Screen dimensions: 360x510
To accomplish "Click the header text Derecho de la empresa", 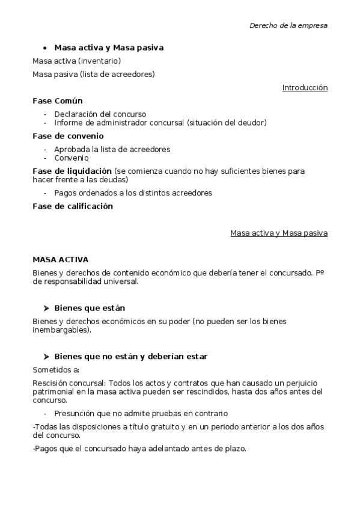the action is (x=288, y=26).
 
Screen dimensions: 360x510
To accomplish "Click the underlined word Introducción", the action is (x=305, y=88).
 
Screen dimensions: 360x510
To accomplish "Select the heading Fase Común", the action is (x=58, y=101).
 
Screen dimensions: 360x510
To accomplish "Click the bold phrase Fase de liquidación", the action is (x=72, y=171).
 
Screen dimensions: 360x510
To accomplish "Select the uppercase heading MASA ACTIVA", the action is (x=60, y=260).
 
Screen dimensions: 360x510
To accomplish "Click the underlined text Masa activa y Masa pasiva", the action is (x=279, y=233).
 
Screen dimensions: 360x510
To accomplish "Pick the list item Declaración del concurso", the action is (x=100, y=114).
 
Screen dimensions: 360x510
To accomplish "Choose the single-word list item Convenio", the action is (x=72, y=158).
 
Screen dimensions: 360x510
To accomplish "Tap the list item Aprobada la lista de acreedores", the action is (x=112, y=149).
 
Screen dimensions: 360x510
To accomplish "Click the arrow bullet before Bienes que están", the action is (x=46, y=308).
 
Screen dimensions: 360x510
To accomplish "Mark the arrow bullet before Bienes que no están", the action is (x=46, y=357).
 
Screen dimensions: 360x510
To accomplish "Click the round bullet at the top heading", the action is (x=45, y=48).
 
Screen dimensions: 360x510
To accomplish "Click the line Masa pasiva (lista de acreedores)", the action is (x=93, y=75).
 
